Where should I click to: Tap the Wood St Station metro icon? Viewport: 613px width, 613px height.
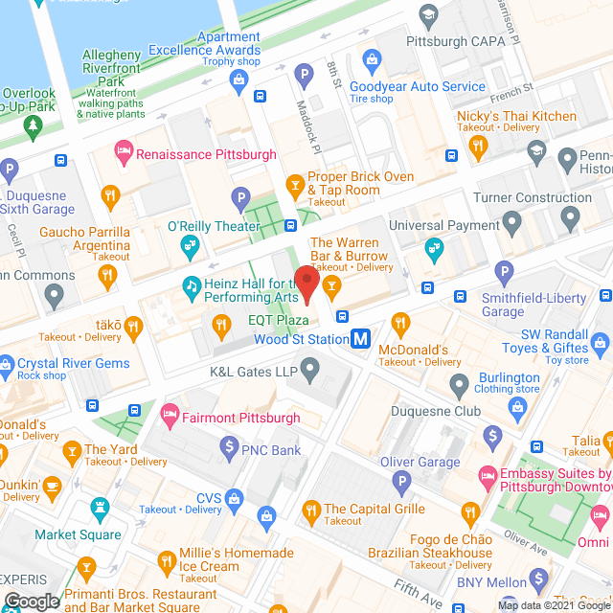tap(361, 339)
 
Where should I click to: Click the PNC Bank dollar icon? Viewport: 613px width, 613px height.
tap(229, 445)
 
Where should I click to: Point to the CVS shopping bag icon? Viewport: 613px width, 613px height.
tap(236, 497)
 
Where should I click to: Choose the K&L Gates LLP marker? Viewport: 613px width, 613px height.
tap(309, 369)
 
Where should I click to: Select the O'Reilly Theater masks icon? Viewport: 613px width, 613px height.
tap(189, 247)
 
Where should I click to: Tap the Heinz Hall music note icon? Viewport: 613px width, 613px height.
tap(192, 285)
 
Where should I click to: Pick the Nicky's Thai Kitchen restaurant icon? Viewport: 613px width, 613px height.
tap(478, 145)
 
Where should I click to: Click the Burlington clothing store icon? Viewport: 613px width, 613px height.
tap(459, 384)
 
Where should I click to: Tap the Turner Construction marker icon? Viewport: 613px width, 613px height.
tap(512, 225)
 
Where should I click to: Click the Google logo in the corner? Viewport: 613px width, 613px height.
tap(32, 602)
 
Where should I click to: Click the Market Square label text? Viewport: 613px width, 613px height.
tap(79, 534)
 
